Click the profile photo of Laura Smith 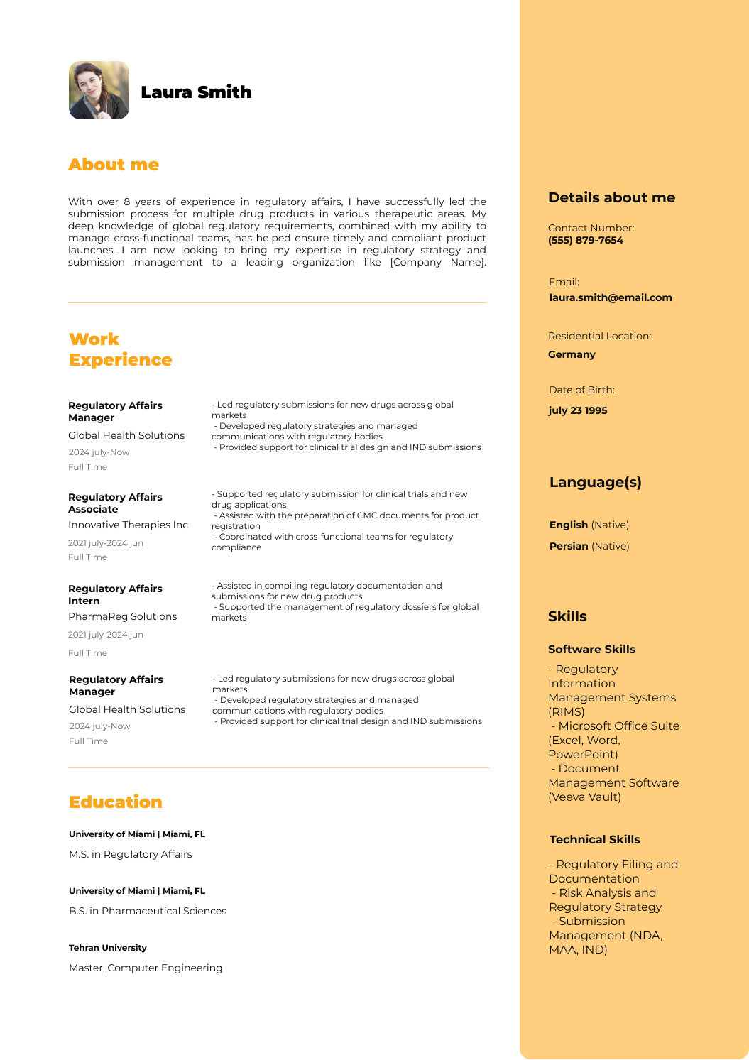(99, 90)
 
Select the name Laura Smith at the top (196, 92)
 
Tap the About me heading (114, 165)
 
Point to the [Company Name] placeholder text (438, 262)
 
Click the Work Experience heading (120, 349)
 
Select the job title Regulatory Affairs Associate (115, 503)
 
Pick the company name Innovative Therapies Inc (128, 525)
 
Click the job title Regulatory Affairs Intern (115, 594)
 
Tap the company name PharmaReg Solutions (122, 616)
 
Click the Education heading (115, 802)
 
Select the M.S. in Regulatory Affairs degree (130, 854)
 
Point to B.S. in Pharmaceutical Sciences (148, 911)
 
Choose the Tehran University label (108, 948)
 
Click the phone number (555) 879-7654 (586, 240)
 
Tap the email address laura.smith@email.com (611, 297)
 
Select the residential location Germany (572, 354)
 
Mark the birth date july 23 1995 (578, 410)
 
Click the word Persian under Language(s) (569, 546)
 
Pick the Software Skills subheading (591, 649)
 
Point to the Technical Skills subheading (594, 839)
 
